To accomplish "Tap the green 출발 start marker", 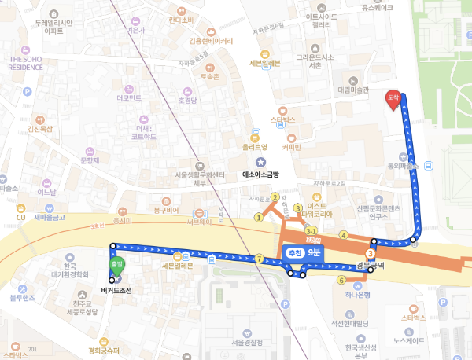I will click(x=116, y=266).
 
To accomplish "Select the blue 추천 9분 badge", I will click(x=304, y=252).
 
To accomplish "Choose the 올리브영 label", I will click(x=254, y=146).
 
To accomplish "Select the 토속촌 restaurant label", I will click(x=208, y=77).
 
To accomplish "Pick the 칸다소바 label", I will click(x=181, y=20).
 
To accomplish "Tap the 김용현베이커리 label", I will click(x=211, y=41).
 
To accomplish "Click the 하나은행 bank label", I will click(x=357, y=293).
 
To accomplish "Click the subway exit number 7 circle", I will click(x=258, y=259).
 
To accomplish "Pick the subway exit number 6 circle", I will click(x=341, y=280).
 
